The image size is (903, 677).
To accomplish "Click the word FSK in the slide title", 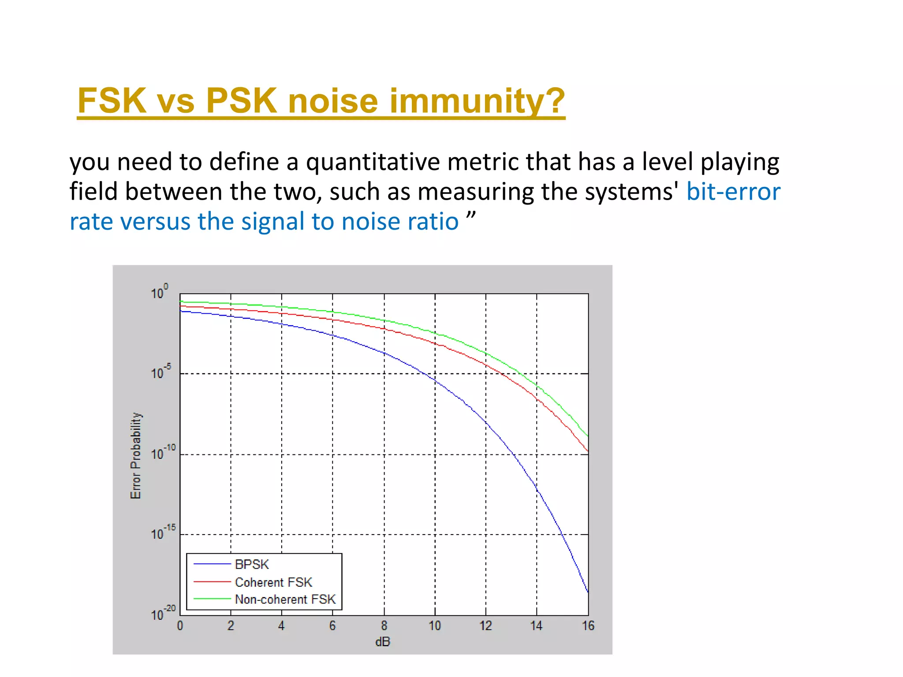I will point(112,101).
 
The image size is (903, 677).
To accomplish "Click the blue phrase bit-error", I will point(733,192).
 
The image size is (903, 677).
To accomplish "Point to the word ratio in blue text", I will point(434,221).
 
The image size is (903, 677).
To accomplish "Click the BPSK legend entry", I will point(252,565).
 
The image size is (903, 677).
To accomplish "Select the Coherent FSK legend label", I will point(273,582).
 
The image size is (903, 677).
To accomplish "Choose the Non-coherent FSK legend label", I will point(285,599).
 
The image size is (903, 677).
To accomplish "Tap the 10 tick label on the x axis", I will point(435,626).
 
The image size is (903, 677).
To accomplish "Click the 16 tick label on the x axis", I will point(588,626).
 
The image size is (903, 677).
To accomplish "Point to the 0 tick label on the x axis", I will point(180,626).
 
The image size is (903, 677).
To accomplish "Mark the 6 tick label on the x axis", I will point(332,626).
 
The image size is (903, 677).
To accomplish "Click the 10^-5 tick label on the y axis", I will point(161,372).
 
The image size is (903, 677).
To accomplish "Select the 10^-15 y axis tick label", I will point(163,533).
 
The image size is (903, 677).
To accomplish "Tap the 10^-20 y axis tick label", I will point(163,614).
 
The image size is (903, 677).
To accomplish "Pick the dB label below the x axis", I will point(383,642).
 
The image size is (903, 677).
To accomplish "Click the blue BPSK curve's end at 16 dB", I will point(587,591).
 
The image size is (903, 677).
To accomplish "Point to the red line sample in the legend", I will point(212,582).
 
